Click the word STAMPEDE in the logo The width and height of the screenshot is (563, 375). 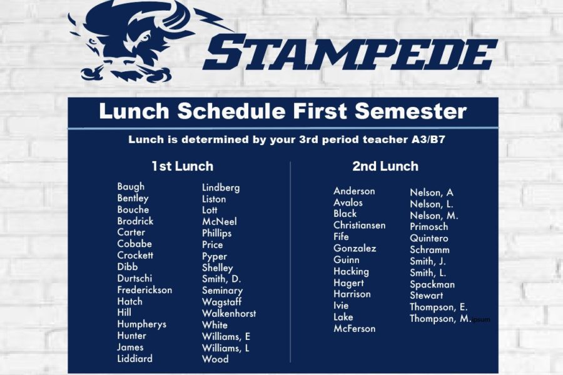350,52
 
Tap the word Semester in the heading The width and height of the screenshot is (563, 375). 411,111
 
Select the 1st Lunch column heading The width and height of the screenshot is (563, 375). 183,166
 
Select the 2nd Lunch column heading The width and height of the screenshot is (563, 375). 385,166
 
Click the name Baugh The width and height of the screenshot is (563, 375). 131,187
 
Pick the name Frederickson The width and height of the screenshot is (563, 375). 145,289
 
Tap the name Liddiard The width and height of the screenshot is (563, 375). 134,359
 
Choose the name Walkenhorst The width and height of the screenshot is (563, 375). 229,313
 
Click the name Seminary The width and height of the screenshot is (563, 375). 222,291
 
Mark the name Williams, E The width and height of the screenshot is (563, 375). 226,337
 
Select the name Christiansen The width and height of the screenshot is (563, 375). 360,225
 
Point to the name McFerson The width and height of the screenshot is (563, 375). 355,328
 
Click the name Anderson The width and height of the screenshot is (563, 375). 354,191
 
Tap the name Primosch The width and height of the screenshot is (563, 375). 429,226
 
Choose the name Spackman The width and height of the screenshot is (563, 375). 432,284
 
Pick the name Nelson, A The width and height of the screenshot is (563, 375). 432,192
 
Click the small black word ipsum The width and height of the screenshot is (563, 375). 481,319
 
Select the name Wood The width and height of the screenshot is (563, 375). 215,359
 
